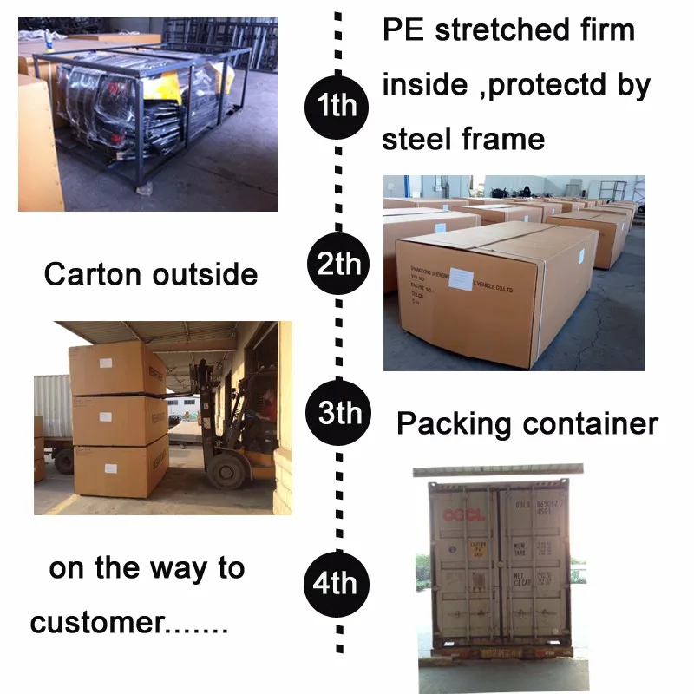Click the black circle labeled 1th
click(x=337, y=106)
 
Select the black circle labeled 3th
click(x=337, y=413)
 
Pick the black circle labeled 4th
click(x=337, y=583)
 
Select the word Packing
click(x=454, y=425)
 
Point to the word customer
click(x=96, y=623)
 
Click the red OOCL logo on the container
click(x=462, y=514)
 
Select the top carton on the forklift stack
click(x=118, y=369)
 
